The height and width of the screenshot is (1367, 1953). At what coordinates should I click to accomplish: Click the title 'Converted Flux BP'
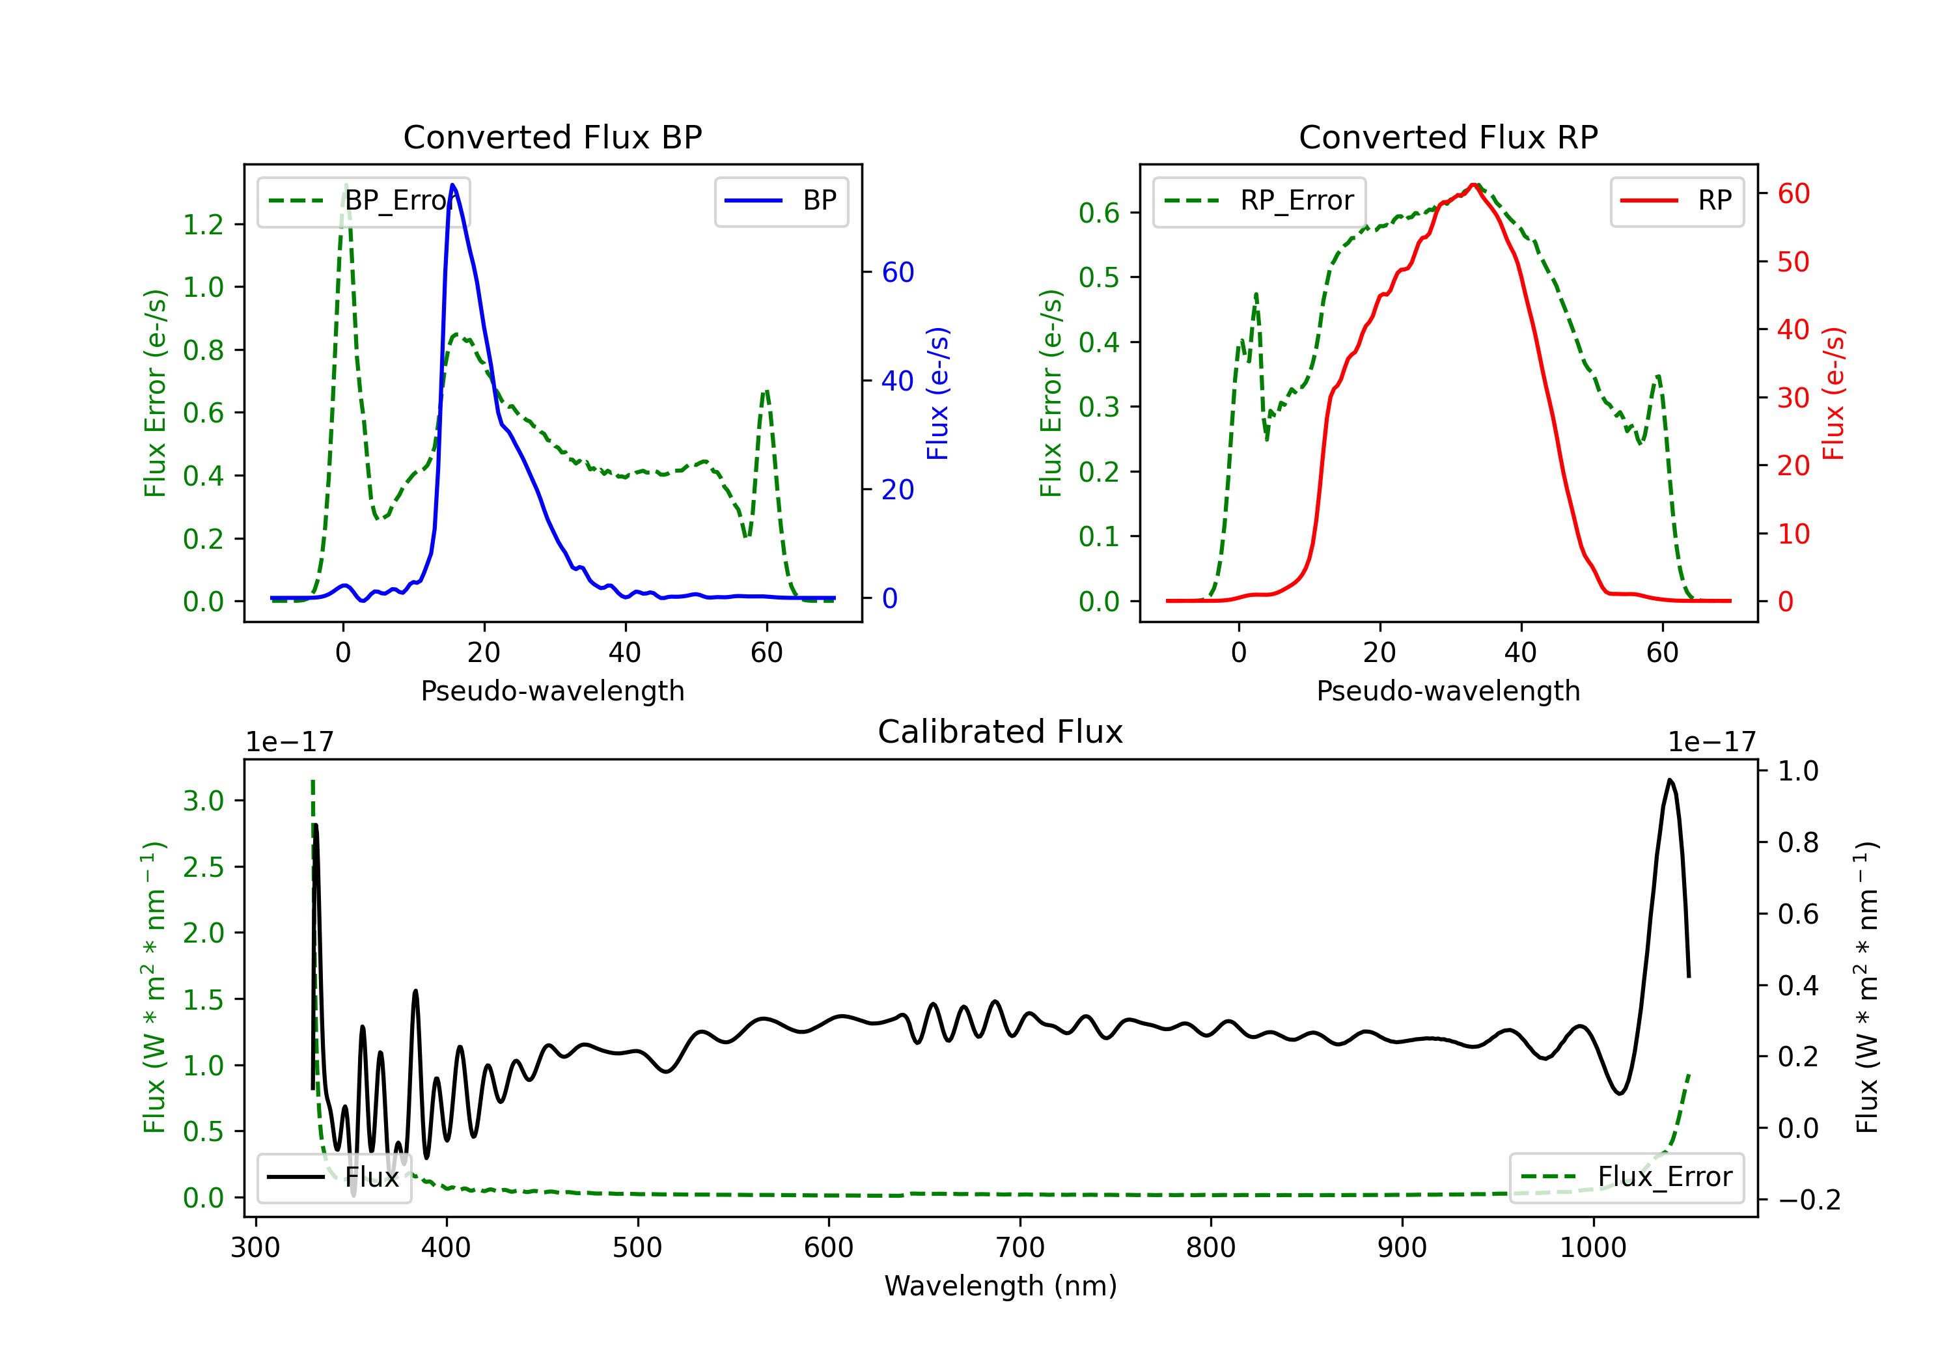pyautogui.click(x=552, y=137)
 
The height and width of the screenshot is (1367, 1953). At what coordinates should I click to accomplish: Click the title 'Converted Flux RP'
pyautogui.click(x=1448, y=137)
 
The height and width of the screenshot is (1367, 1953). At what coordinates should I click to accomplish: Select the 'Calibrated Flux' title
pyautogui.click(x=1001, y=732)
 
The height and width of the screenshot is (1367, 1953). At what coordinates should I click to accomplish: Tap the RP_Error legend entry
pyautogui.click(x=1259, y=200)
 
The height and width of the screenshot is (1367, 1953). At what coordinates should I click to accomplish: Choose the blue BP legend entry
pyautogui.click(x=781, y=200)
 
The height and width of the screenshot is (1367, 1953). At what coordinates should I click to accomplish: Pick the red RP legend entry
pyautogui.click(x=1676, y=200)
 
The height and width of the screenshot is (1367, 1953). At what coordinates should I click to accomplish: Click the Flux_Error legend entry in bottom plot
pyautogui.click(x=1626, y=1178)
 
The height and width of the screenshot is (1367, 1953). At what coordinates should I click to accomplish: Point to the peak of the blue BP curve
pyautogui.click(x=452, y=185)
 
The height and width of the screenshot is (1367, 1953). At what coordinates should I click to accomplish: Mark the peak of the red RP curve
pyautogui.click(x=1474, y=185)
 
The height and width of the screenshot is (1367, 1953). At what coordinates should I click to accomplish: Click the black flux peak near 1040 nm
pyautogui.click(x=1670, y=779)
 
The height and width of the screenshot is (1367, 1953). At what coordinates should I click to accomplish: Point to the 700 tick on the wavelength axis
pyautogui.click(x=1020, y=1248)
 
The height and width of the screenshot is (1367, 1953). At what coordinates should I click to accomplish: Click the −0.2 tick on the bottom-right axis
pyautogui.click(x=1809, y=1200)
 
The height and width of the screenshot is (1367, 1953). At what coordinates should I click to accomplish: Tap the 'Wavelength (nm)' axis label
pyautogui.click(x=1001, y=1286)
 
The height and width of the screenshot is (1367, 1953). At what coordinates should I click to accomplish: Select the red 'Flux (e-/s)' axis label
pyautogui.click(x=1834, y=393)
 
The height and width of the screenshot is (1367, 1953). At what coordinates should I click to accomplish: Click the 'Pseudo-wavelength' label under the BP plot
pyautogui.click(x=552, y=691)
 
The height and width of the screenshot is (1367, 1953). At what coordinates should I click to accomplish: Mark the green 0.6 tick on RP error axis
pyautogui.click(x=1099, y=213)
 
